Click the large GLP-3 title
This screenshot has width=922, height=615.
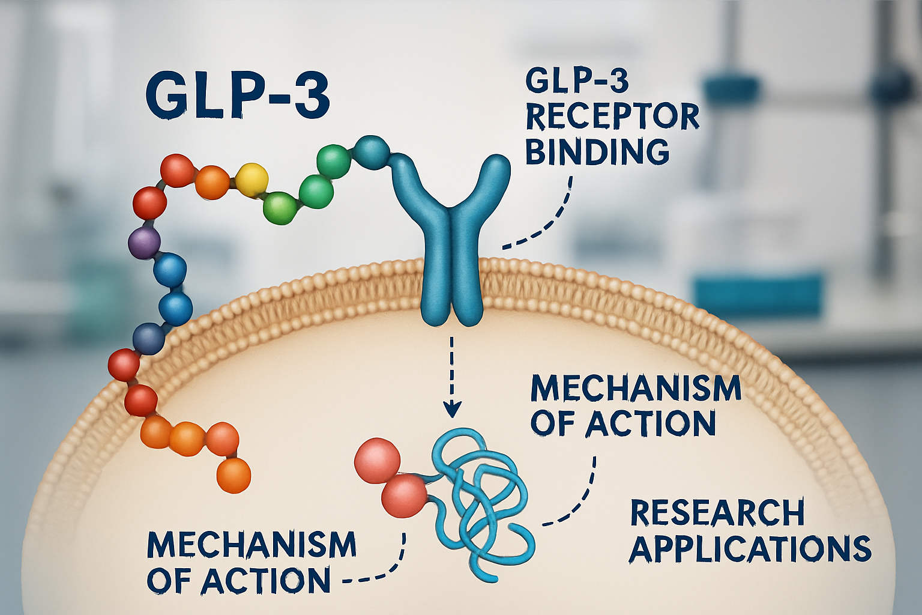tap(238, 96)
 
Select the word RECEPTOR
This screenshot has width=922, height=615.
tap(612, 117)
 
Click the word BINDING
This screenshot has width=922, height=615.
tap(597, 151)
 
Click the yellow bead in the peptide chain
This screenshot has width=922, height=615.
tap(252, 179)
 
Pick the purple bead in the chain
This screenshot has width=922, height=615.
tap(145, 243)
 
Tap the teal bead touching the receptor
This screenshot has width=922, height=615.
tap(372, 151)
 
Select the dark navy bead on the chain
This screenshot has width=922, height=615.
tap(148, 338)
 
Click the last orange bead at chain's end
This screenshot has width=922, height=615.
tap(233, 475)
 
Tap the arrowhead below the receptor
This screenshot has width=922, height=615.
tap(451, 409)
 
